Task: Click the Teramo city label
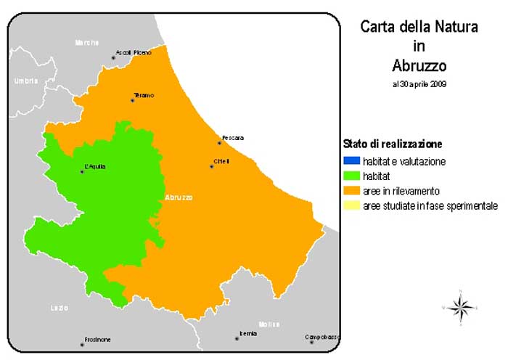(144, 96)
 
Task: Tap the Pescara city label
(233, 138)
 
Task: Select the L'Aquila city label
(95, 167)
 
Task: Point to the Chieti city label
(221, 161)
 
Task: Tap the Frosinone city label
(97, 339)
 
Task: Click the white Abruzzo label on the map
(179, 197)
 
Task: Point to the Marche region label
(86, 43)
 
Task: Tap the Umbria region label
(25, 81)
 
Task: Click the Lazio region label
(60, 308)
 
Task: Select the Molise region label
(269, 324)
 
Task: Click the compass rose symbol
(459, 307)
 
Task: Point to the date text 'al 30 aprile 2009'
(419, 84)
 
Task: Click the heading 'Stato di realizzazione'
(392, 144)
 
